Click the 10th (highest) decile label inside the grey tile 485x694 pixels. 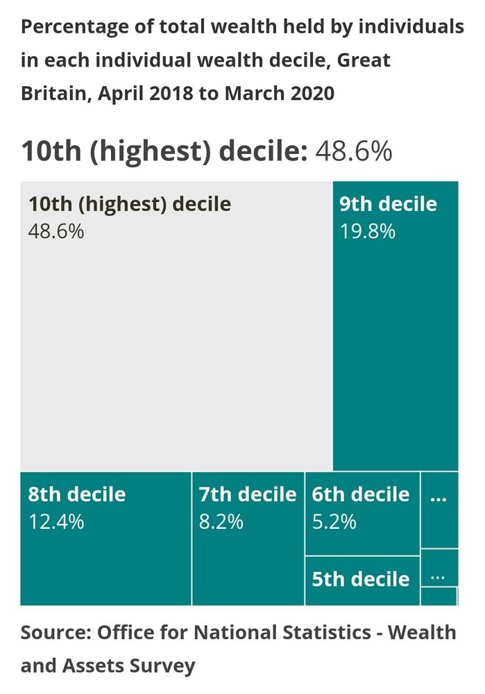point(129,205)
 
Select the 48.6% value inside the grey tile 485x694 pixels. point(56,231)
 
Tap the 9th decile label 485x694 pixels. point(388,204)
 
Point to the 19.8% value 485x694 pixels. point(367,231)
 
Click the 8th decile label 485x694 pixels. point(77,495)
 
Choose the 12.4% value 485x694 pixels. point(56,522)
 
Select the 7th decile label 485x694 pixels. point(247,495)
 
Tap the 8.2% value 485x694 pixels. point(221,522)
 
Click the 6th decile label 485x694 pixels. point(360,495)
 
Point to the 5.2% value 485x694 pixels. point(334,522)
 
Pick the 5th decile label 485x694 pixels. point(360,579)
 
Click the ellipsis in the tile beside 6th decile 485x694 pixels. point(438,498)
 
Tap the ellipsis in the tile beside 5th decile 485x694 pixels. point(437,577)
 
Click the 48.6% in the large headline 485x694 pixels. point(354,151)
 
